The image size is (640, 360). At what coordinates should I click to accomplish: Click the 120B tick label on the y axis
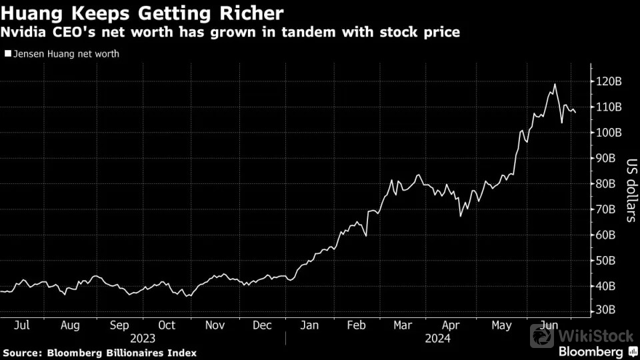point(609,81)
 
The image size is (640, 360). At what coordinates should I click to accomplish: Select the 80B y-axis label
point(609,183)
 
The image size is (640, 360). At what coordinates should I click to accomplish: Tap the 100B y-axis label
point(609,132)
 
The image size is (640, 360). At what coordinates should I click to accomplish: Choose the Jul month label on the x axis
point(22,325)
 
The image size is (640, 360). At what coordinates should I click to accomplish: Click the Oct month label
point(167,325)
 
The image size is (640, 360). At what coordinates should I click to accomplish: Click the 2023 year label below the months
point(143,338)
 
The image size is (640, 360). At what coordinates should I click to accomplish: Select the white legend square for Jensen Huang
point(7,54)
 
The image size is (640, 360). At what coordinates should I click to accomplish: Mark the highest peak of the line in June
point(554,84)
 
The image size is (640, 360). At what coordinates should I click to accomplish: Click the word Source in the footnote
point(23,352)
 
